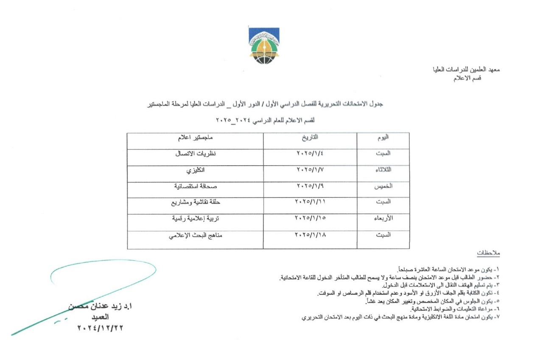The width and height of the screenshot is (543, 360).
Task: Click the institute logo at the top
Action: (x=264, y=45)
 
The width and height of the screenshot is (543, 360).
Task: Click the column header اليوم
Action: (x=383, y=138)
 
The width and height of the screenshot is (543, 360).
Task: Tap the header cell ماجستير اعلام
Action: (x=195, y=138)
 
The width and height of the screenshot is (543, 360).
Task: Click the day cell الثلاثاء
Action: (x=383, y=170)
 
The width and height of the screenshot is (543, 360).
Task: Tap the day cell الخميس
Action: (x=383, y=186)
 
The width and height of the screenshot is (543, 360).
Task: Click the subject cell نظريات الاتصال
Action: (x=195, y=154)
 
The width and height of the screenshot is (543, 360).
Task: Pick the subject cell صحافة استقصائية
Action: (x=195, y=186)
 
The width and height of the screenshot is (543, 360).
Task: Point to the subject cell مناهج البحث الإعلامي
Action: (x=195, y=234)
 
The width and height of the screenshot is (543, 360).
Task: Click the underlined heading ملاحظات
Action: (x=488, y=253)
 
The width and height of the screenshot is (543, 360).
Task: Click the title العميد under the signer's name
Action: (x=97, y=317)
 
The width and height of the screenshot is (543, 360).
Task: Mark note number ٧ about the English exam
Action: (x=399, y=317)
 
